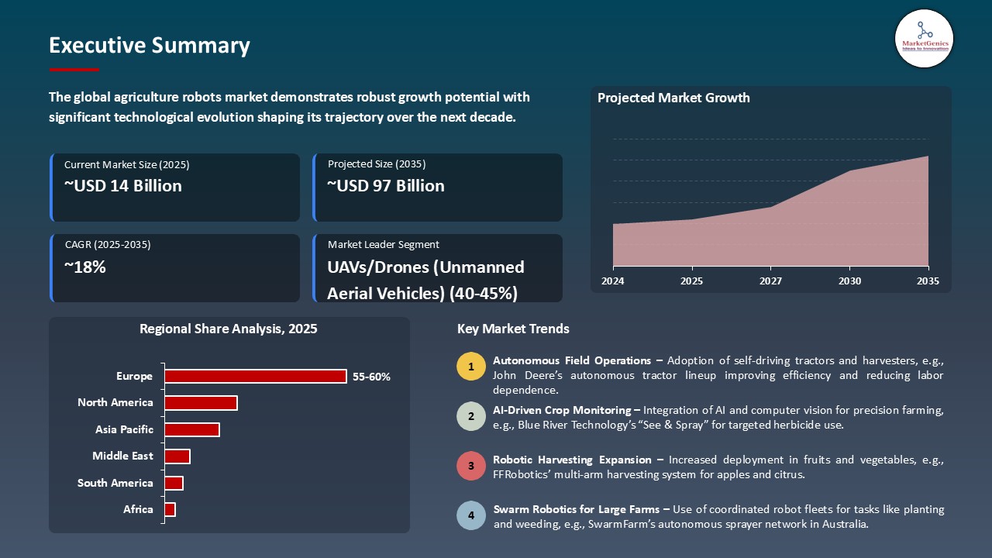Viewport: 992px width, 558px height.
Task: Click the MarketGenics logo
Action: point(924,38)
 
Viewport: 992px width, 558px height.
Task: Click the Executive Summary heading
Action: point(149,46)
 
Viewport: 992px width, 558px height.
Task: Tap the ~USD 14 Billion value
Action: point(123,186)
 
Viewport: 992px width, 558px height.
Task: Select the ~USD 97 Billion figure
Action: point(386,186)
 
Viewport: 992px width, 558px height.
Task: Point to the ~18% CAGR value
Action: point(85,267)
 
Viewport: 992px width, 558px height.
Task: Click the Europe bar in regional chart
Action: point(255,376)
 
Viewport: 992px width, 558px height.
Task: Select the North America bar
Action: point(201,403)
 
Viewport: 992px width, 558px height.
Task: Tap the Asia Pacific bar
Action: point(192,429)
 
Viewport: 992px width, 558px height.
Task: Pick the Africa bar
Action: point(170,509)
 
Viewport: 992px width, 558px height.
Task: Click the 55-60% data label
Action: point(371,377)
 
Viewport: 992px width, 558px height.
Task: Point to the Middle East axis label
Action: point(122,456)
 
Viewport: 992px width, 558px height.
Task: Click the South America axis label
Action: point(115,483)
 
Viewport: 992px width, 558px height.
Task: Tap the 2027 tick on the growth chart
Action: point(770,281)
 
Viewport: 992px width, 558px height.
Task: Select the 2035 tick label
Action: point(928,281)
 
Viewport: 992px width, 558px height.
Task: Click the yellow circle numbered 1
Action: point(470,367)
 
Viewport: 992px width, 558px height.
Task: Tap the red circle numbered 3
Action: point(470,467)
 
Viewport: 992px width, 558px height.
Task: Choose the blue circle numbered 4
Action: point(470,515)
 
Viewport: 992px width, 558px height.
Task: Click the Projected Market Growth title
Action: point(673,98)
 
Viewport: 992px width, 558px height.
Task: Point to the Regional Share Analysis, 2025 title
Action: point(228,329)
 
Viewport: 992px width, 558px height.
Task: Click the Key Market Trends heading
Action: point(513,329)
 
